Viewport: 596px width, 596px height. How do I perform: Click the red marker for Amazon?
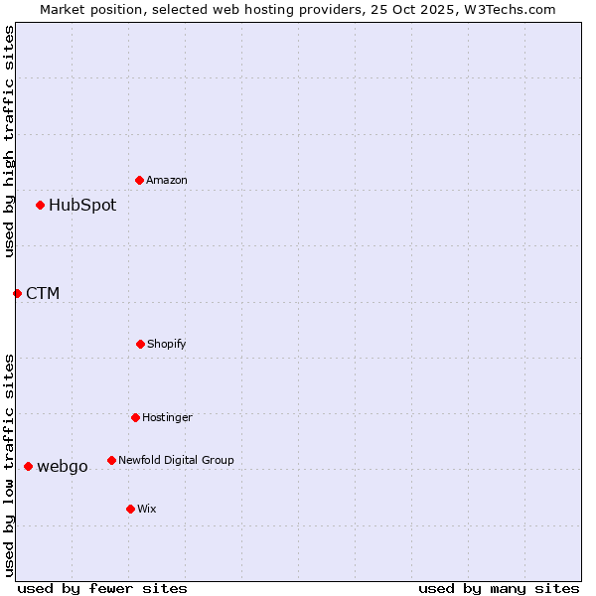tap(140, 180)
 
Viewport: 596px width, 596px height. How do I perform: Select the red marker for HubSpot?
tap(41, 206)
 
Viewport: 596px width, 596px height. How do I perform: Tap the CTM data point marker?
tap(17, 293)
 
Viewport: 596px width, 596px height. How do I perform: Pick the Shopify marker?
tap(141, 344)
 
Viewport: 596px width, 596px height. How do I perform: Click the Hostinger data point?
tap(136, 417)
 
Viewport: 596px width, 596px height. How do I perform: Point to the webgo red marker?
tap(29, 466)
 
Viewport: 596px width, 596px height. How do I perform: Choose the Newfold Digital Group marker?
tap(112, 460)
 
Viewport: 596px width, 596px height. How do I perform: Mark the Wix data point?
tap(131, 509)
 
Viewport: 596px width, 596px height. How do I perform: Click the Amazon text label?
tap(167, 181)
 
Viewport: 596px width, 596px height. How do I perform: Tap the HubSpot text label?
tap(82, 206)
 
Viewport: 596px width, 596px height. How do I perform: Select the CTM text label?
tap(43, 294)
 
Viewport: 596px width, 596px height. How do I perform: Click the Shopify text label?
tap(167, 345)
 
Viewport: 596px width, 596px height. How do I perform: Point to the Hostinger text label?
tap(167, 418)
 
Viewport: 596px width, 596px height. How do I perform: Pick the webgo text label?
tap(63, 467)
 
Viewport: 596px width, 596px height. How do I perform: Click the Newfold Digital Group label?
tap(176, 461)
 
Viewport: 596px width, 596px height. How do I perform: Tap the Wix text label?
tap(147, 510)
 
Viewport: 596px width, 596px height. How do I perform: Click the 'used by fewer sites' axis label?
tap(102, 588)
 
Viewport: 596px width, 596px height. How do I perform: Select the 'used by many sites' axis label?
tap(499, 588)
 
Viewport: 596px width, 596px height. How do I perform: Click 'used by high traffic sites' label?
tap(9, 141)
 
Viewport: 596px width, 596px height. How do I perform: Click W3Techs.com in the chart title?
tap(507, 9)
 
